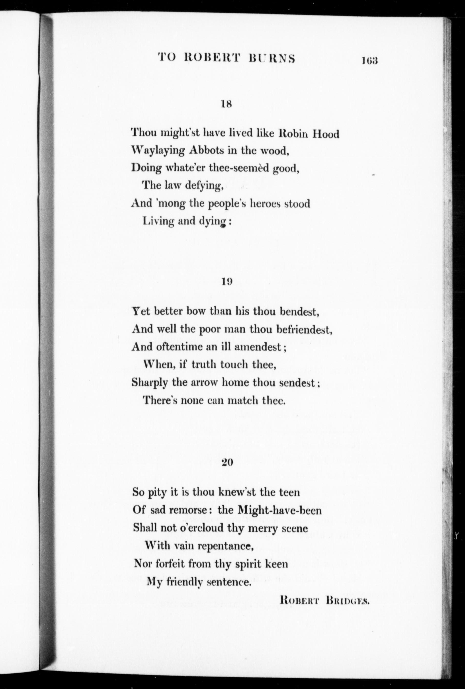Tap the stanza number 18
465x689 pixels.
point(227,104)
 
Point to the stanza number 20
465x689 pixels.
point(228,462)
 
